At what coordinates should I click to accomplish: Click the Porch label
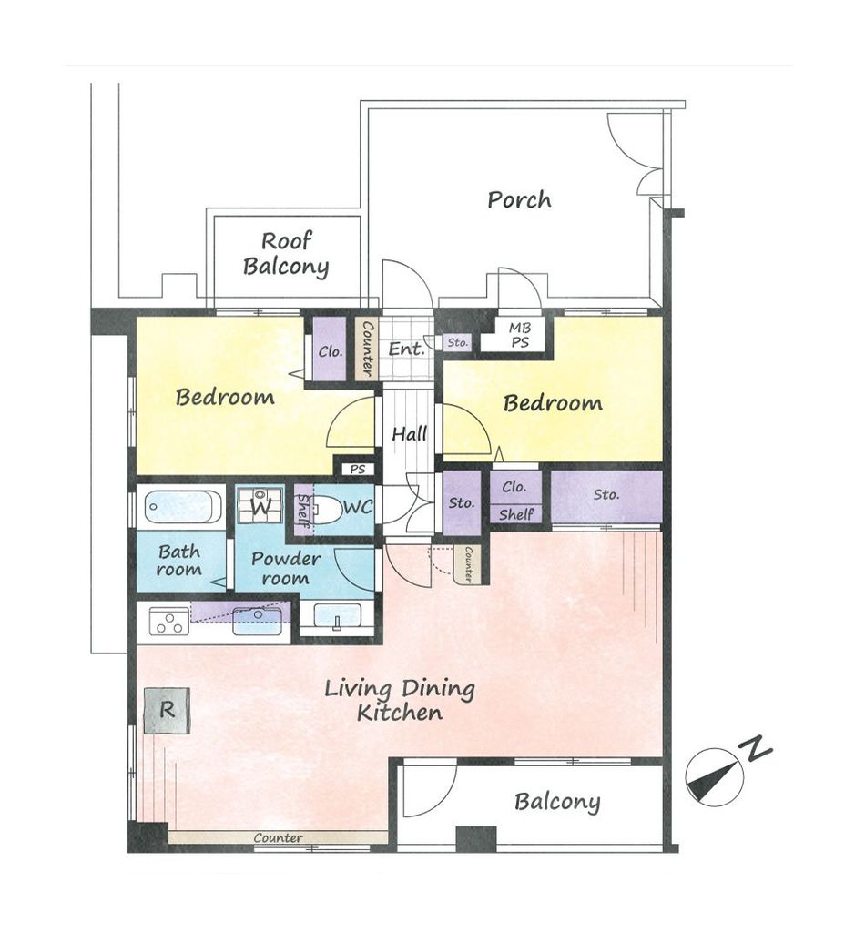point(519,199)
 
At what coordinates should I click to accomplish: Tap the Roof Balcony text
point(286,254)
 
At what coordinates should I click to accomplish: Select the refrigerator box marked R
point(167,711)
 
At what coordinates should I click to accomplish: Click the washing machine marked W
point(260,506)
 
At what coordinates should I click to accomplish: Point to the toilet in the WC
point(325,509)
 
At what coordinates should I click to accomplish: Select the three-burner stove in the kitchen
point(168,621)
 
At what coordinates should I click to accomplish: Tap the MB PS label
point(520,335)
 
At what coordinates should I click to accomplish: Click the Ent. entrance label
point(407,349)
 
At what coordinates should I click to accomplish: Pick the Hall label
point(409,434)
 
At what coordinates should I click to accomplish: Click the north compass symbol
point(714,776)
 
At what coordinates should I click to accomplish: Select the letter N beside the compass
point(755,747)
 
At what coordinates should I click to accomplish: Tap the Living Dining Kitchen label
point(400,700)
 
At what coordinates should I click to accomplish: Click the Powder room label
point(285,568)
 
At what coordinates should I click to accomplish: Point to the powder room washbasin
point(337,615)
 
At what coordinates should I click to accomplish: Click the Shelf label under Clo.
point(516,514)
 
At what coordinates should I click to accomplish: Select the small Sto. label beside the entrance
point(458,342)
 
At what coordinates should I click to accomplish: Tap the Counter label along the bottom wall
point(279,838)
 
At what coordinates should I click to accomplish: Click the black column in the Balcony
point(475,838)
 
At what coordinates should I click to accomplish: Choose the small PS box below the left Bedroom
point(357,470)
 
